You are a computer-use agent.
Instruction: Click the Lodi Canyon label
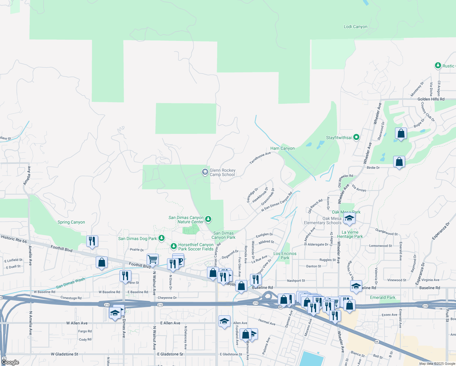(355, 27)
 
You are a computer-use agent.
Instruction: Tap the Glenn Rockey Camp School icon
(205, 172)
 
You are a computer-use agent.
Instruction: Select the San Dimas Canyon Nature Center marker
(208, 219)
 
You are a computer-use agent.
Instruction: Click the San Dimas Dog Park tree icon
(162, 238)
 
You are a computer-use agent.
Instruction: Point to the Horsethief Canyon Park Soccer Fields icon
(173, 246)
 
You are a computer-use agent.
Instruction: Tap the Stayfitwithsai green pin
(356, 138)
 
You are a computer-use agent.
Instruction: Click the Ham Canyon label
(283, 149)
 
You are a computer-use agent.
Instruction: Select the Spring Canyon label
(71, 222)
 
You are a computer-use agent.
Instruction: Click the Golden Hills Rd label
(431, 99)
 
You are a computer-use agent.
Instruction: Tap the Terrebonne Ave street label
(260, 158)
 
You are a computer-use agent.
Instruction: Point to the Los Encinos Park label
(285, 256)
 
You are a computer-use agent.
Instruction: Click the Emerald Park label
(383, 297)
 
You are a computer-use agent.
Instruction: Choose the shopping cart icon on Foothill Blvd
(152, 260)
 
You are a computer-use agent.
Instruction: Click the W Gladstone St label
(64, 354)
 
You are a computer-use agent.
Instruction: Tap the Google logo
(10, 362)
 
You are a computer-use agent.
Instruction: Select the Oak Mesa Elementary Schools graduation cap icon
(349, 218)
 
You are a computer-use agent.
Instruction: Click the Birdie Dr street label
(373, 168)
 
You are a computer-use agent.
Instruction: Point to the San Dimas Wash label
(70, 283)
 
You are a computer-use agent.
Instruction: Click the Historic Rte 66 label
(14, 239)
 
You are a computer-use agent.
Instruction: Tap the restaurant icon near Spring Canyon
(92, 241)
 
